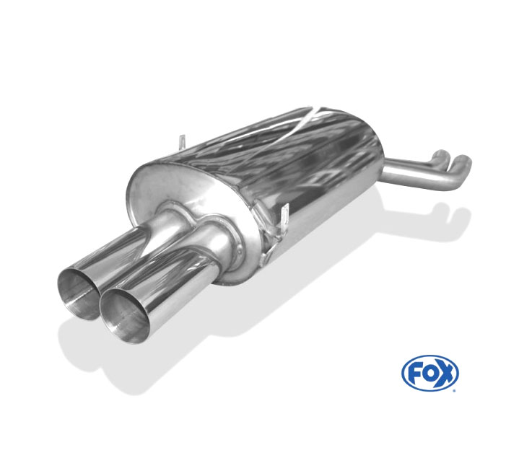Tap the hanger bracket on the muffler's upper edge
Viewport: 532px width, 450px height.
pyautogui.click(x=183, y=142)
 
